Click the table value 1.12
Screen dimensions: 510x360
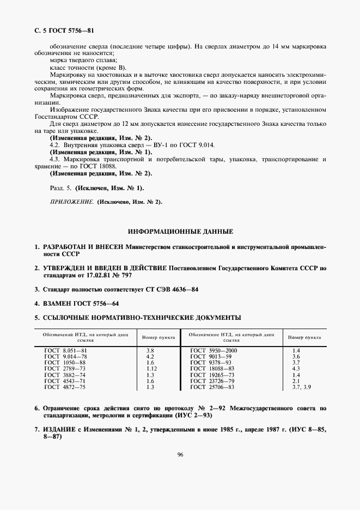[x=152, y=369]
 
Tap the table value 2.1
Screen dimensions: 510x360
[x=296, y=381]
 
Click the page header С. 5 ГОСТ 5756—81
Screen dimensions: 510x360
[x=59, y=32]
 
